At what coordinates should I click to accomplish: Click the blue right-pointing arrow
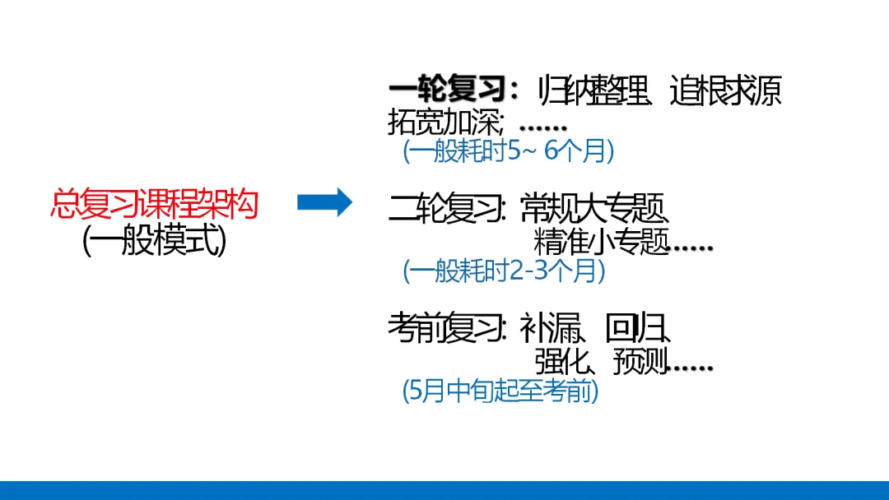[x=324, y=202]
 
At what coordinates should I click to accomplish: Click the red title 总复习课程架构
[x=154, y=204]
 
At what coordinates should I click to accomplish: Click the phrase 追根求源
[x=725, y=90]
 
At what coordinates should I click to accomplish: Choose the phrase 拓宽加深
[x=444, y=123]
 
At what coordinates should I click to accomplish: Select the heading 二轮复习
[x=445, y=211]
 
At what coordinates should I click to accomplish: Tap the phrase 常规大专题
[x=594, y=211]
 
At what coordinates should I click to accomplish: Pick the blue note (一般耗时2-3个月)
[x=504, y=271]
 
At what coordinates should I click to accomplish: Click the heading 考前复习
[x=445, y=329]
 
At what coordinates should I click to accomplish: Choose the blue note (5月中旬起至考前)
[x=500, y=391]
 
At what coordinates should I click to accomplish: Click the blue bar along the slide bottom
[x=444, y=490]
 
